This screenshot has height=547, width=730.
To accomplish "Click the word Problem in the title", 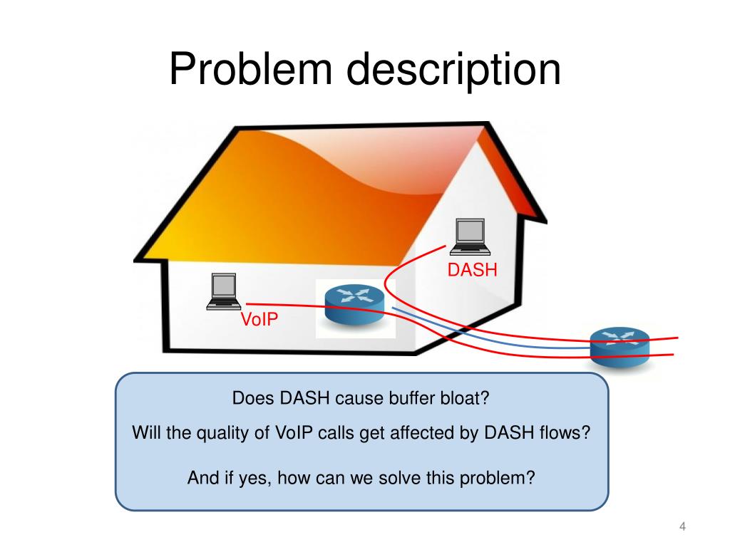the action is coord(251,69).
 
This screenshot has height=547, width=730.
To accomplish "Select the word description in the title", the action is coord(454,71).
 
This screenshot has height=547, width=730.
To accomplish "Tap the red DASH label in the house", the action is coord(472,270).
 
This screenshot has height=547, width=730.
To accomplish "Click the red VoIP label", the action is coord(259,320).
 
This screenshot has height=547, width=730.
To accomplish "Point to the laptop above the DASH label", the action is coord(471,236).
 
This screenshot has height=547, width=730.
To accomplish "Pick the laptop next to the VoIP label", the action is coord(223,291).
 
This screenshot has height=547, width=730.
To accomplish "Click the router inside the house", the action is coord(355,304).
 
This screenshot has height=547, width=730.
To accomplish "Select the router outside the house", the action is coord(620,347).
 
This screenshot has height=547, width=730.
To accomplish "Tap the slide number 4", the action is coord(682,526).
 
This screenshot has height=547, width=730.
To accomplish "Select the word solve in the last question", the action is coord(399,478).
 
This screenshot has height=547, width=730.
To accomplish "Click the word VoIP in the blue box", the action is coord(294,432).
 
